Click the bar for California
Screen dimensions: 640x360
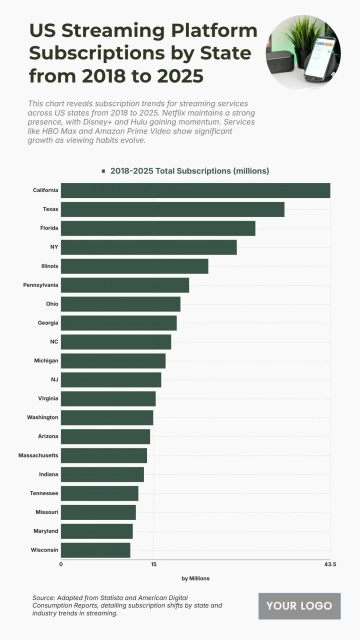pyautogui.click(x=195, y=190)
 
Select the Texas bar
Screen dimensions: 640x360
pyautogui.click(x=172, y=209)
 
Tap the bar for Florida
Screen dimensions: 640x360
pyautogui.click(x=158, y=228)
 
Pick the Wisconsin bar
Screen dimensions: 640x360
pyautogui.click(x=95, y=550)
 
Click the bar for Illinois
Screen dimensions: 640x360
pyautogui.click(x=134, y=266)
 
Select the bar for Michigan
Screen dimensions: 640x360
pyautogui.click(x=113, y=360)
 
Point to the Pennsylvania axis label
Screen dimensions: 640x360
pyautogui.click(x=40, y=285)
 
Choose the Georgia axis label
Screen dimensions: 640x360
pyautogui.click(x=47, y=323)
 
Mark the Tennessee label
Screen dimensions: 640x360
pyautogui.click(x=42, y=493)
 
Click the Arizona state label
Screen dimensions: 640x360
pyautogui.click(x=47, y=436)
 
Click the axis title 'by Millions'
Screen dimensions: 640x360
pyautogui.click(x=195, y=579)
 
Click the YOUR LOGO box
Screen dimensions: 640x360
pyautogui.click(x=299, y=606)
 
